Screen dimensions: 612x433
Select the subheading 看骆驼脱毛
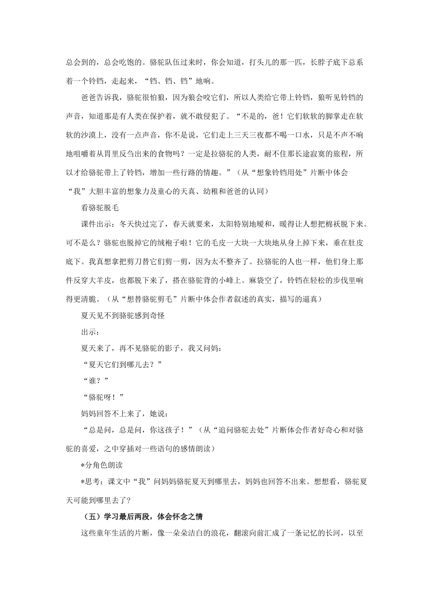pyautogui.click(x=99, y=208)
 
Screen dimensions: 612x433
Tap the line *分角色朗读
pyautogui.click(x=101, y=465)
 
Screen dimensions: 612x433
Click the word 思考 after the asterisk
pyautogui.click(x=93, y=481)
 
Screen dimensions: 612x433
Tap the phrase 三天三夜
pyautogui.click(x=255, y=135)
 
